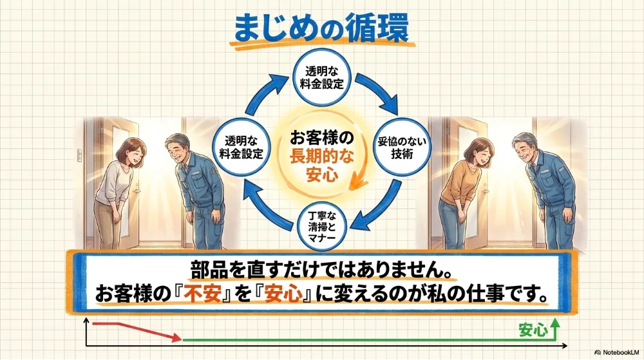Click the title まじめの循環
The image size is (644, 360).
coord(321,28)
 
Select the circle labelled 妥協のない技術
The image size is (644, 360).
coord(402,147)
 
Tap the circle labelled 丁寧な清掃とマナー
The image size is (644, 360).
coord(321,226)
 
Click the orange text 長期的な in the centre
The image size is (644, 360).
coord(321,156)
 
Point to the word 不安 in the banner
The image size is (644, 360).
coord(202,294)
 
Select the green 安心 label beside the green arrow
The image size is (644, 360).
coord(533,330)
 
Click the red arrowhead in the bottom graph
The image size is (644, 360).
coord(176,338)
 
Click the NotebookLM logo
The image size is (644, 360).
coord(616,353)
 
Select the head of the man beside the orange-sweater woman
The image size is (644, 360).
coord(526,147)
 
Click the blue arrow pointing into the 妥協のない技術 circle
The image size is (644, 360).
coord(379,93)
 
